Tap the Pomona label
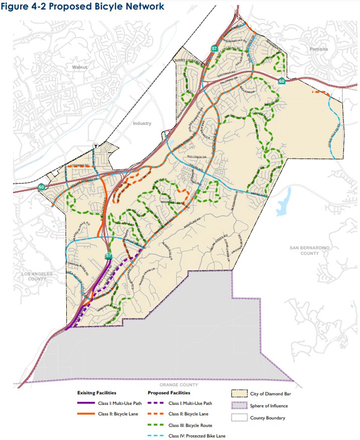(318, 49)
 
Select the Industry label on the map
(142, 123)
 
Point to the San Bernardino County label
(304, 250)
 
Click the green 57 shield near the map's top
(214, 49)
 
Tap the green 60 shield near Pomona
(282, 81)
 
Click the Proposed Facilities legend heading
(169, 393)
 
